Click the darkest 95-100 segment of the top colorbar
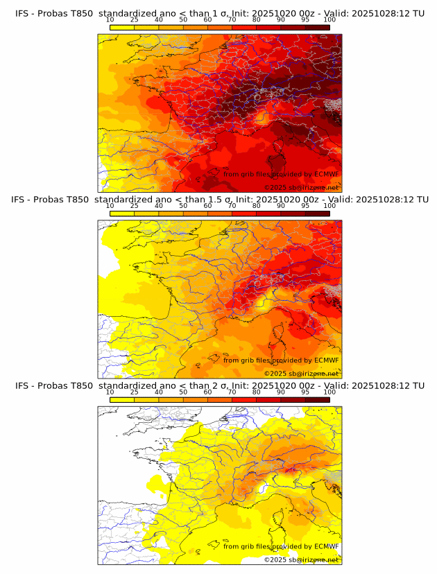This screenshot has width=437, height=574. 317,27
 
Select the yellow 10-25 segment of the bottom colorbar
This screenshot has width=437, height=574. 122,399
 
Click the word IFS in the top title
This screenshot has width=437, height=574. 23,13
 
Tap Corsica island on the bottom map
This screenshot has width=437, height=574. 283,514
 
